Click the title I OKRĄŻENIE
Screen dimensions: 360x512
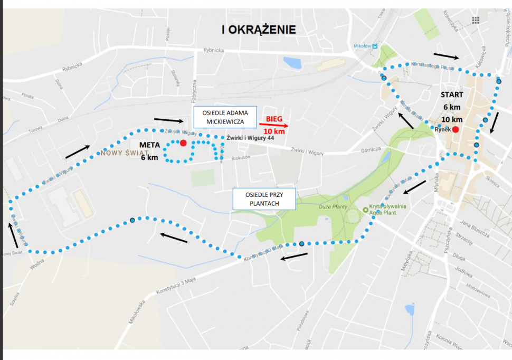[x=259, y=30]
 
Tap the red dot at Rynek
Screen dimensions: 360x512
[x=456, y=129]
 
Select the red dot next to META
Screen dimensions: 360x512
[x=183, y=143]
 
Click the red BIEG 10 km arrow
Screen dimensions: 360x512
[x=273, y=126]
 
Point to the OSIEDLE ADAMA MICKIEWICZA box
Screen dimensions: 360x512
[x=225, y=117]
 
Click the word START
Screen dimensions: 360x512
[x=452, y=95]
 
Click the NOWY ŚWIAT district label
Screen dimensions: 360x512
[x=121, y=153]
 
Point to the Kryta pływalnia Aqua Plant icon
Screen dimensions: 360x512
[x=365, y=210]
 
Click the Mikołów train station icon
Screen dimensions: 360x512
[x=375, y=46]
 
